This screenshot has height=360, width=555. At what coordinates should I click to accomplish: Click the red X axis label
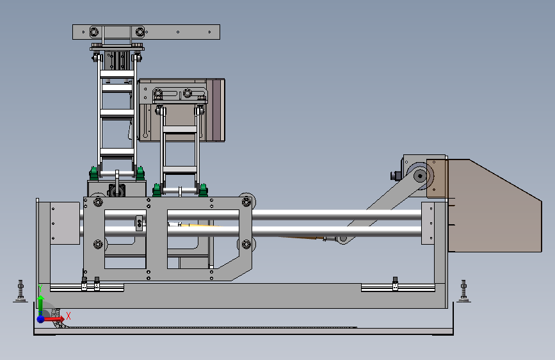tap(68, 316)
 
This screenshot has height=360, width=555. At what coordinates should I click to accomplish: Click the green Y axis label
tap(40, 288)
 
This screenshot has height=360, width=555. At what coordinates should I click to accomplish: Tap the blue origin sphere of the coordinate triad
tap(41, 319)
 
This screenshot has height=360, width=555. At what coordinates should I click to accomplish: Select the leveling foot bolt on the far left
tap(20, 291)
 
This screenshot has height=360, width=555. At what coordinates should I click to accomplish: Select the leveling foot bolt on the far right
tap(463, 291)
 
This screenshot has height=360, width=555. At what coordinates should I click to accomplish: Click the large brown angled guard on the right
tap(494, 206)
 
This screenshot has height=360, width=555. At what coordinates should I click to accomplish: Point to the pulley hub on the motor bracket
tap(420, 176)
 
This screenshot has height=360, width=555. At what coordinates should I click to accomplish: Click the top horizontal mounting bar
tap(146, 32)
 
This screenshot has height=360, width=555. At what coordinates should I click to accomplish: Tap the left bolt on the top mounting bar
tap(94, 32)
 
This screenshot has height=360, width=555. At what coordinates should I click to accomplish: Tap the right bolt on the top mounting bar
tap(140, 32)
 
